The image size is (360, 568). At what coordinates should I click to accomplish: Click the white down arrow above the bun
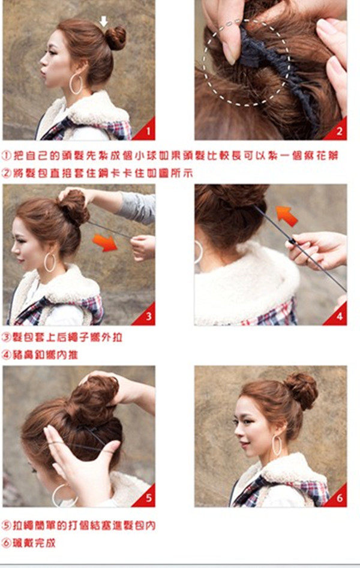[x=104, y=21]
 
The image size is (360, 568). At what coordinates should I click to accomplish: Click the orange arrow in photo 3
[x=105, y=242]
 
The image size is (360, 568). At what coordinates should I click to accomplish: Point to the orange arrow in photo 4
[x=286, y=215]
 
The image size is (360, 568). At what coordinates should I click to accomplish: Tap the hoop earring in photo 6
[x=277, y=445]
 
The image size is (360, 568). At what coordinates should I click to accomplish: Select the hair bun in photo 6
[x=301, y=390]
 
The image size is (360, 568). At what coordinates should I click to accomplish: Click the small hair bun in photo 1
[x=116, y=38]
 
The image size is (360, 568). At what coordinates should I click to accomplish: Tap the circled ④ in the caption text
[x=7, y=354]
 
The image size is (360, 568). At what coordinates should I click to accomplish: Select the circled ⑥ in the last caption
[x=7, y=543]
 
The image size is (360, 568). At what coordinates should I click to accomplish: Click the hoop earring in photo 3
[x=50, y=262]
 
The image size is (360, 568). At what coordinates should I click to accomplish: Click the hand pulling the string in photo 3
[x=143, y=247]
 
